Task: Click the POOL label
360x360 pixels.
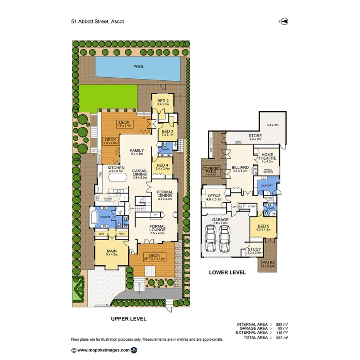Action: pyautogui.click(x=139, y=66)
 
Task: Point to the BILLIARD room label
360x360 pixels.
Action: pyautogui.click(x=240, y=168)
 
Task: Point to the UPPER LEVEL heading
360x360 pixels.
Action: pyautogui.click(x=129, y=319)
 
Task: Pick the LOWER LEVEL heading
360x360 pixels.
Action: pyautogui.click(x=227, y=272)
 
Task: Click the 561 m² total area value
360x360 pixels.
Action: pyautogui.click(x=282, y=337)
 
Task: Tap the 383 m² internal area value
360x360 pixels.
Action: pyautogui.click(x=282, y=324)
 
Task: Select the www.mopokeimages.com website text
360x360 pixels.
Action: pyautogui.click(x=103, y=350)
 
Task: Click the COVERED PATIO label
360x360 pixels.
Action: pyautogui.click(x=211, y=170)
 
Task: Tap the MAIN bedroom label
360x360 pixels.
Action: pyautogui.click(x=112, y=251)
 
